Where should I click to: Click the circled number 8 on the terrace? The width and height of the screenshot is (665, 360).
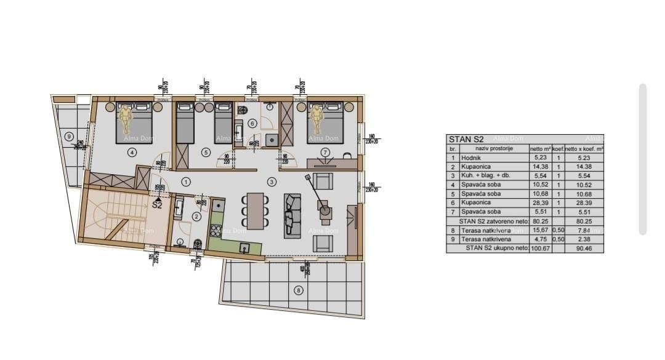pyautogui.click(x=299, y=290)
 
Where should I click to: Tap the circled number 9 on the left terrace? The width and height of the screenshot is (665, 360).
pyautogui.click(x=70, y=137)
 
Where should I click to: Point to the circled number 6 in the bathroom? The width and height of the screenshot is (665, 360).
pyautogui.click(x=252, y=123)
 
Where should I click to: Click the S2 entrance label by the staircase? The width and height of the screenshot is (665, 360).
pyautogui.click(x=158, y=205)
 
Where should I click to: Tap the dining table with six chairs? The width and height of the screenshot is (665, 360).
pyautogui.click(x=256, y=210)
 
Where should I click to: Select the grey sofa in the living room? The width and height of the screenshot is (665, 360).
pyautogui.click(x=292, y=215)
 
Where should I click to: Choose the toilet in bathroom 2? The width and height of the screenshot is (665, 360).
pyautogui.click(x=197, y=244)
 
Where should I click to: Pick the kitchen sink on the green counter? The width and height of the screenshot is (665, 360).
pyautogui.click(x=244, y=249)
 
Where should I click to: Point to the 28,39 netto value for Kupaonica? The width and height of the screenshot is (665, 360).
pyautogui.click(x=536, y=202)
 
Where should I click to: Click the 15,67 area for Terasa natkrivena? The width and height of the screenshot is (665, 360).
pyautogui.click(x=537, y=230)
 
